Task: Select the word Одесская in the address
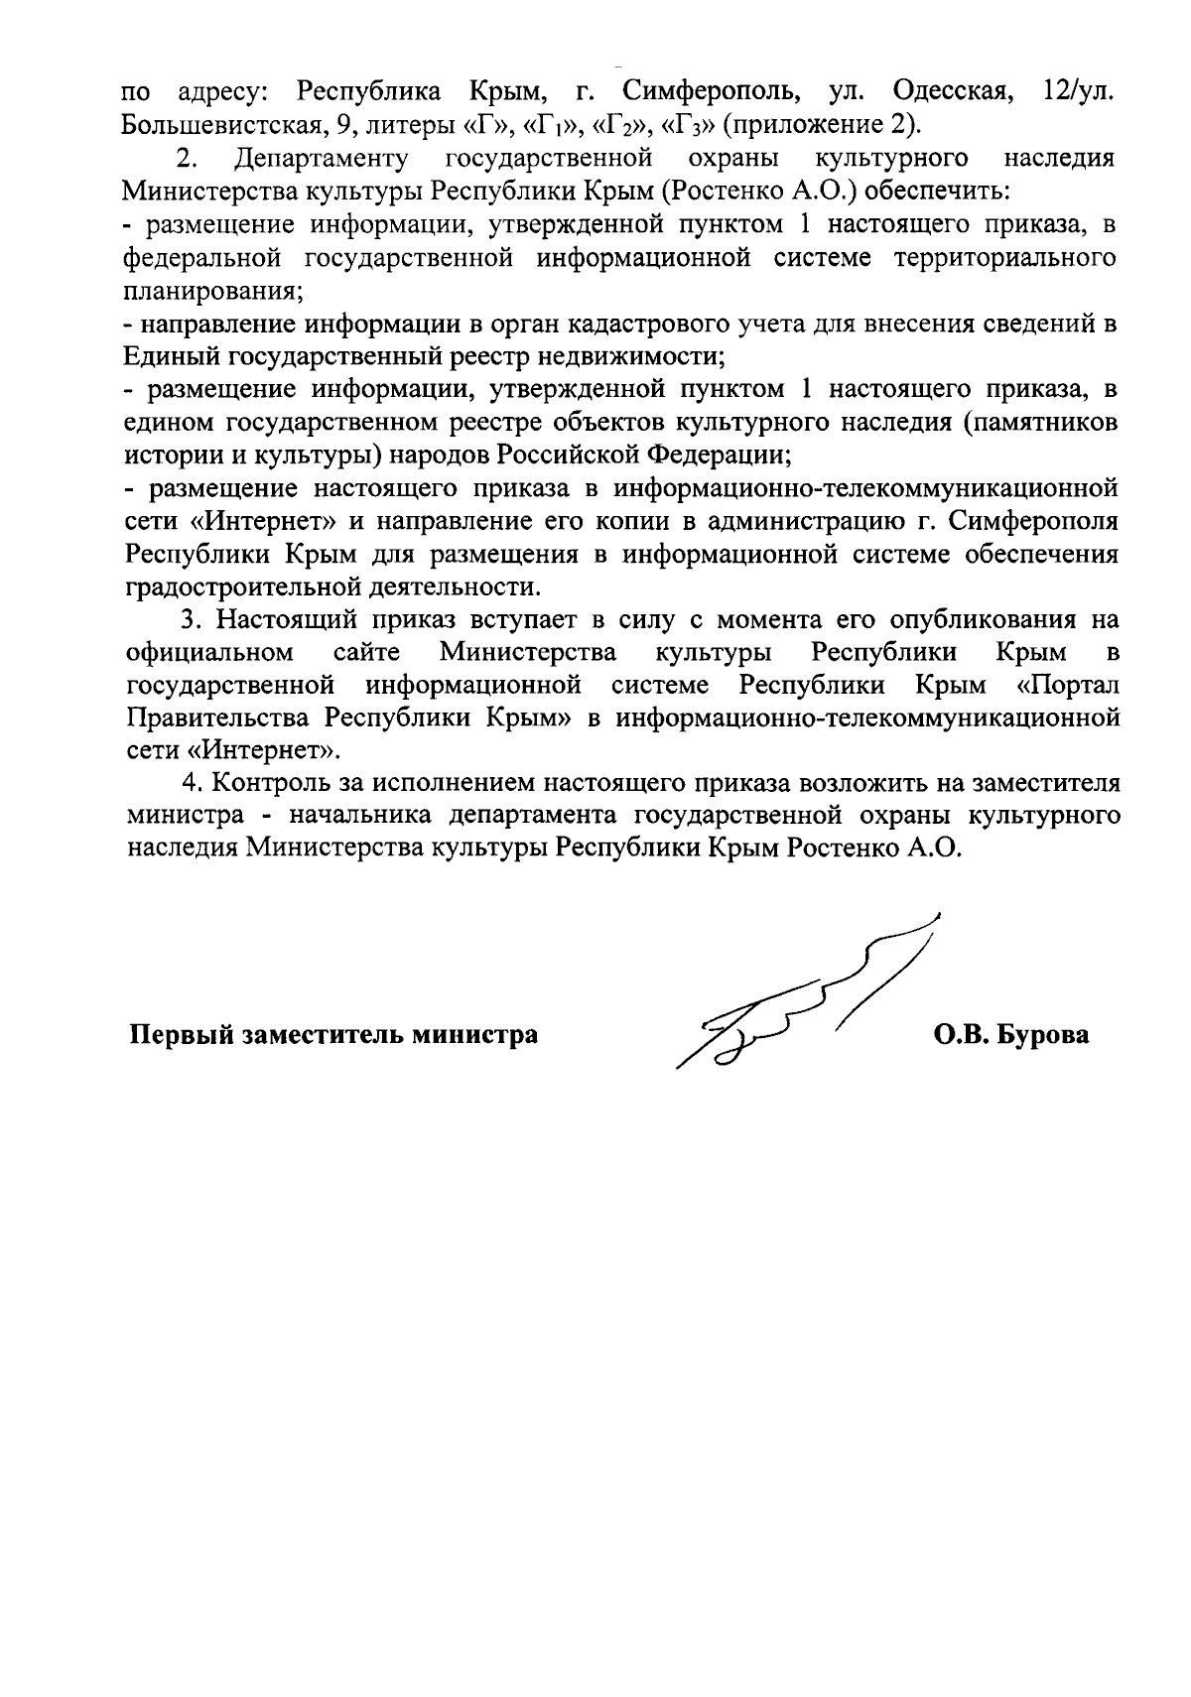pyautogui.click(x=953, y=94)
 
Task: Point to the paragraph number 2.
pyautogui.click(x=184, y=160)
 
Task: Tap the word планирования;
pyautogui.click(x=214, y=292)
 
